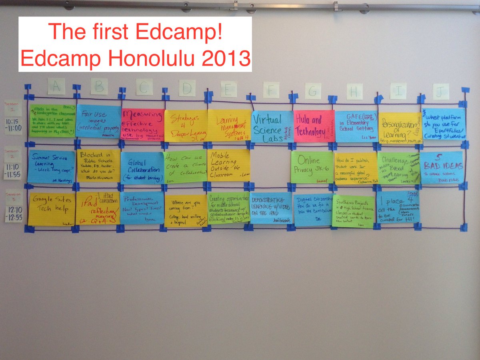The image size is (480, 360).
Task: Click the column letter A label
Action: click(x=56, y=86)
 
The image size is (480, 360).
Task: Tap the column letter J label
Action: click(x=440, y=91)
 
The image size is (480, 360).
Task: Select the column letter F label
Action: click(x=271, y=90)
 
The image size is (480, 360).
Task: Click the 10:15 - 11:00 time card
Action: click(x=13, y=125)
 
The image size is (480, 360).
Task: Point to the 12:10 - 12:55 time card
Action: click(x=14, y=214)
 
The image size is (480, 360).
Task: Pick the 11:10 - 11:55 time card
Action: click(x=13, y=170)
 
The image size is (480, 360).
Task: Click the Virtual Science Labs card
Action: click(x=272, y=127)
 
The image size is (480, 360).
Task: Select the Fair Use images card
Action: click(x=98, y=122)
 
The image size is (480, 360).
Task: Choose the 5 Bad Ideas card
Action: click(x=441, y=167)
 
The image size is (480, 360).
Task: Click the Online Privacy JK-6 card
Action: click(x=312, y=167)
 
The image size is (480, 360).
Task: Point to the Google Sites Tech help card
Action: click(x=52, y=209)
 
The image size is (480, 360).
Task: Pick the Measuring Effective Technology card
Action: click(x=143, y=124)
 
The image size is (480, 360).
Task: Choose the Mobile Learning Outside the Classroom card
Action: click(x=228, y=165)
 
